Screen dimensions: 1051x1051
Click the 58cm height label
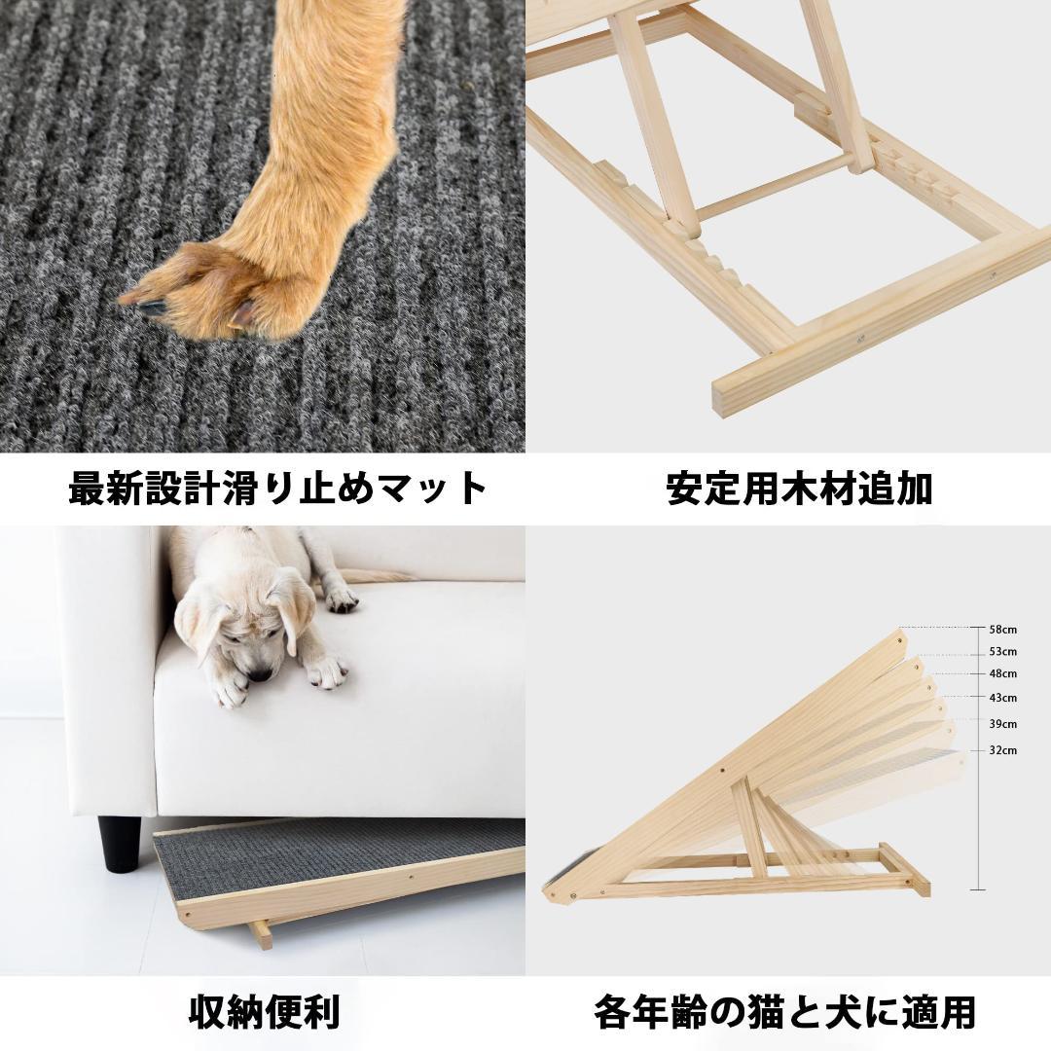point(1003,630)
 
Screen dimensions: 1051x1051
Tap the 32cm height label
point(1003,750)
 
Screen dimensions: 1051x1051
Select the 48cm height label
point(1003,673)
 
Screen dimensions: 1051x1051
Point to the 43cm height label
point(1003,698)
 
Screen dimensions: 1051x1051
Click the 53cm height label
point(1003,651)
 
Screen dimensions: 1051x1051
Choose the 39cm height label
point(1003,724)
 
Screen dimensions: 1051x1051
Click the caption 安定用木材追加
point(799,489)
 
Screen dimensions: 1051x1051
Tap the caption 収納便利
point(263,1012)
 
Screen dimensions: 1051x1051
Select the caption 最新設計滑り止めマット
point(277,488)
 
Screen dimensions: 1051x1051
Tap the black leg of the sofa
point(119,843)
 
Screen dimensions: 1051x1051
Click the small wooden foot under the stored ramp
point(260,934)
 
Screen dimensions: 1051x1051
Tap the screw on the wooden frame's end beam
point(860,339)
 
